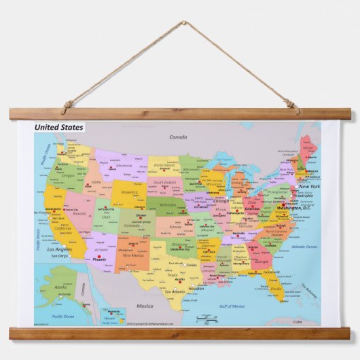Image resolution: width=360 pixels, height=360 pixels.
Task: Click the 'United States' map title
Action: click(59, 127)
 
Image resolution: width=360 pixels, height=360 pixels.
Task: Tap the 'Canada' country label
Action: click(178, 137)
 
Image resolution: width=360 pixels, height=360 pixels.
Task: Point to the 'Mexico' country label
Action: click(145, 306)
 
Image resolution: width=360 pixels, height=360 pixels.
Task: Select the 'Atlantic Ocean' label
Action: click(304, 247)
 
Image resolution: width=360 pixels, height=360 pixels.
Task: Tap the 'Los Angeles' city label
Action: click(59, 249)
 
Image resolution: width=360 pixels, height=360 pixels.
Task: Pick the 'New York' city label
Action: click(309, 186)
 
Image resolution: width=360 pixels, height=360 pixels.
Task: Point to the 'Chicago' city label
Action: click(221, 201)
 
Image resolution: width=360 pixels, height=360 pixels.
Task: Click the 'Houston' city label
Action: click(196, 289)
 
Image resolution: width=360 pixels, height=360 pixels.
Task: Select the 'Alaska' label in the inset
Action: click(61, 287)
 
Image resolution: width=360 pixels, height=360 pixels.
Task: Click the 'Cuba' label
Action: click(316, 321)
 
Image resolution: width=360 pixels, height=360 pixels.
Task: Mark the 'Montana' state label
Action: click(124, 165)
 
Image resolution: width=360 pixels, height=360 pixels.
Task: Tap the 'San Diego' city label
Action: click(59, 256)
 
